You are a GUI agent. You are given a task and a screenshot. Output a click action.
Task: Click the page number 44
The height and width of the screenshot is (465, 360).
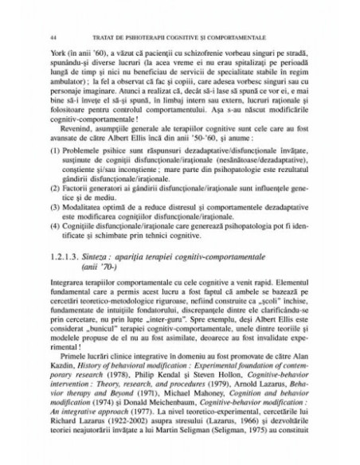click(52, 37)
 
